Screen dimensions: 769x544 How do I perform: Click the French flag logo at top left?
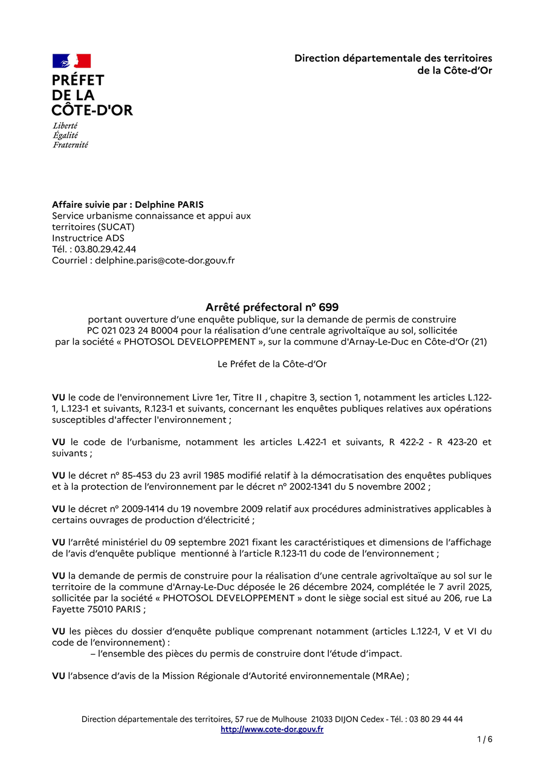tap(71, 61)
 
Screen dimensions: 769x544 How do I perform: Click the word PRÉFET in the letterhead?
tap(78, 80)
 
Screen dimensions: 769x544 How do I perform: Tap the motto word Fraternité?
tap(70, 145)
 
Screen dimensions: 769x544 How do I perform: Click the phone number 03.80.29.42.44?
tap(105, 249)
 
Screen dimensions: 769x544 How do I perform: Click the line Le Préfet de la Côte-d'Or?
tap(272, 364)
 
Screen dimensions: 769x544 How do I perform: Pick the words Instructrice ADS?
tap(88, 238)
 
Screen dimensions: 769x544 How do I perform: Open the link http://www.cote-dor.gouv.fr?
tap(272, 729)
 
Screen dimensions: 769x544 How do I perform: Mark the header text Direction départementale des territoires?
tap(393, 58)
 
